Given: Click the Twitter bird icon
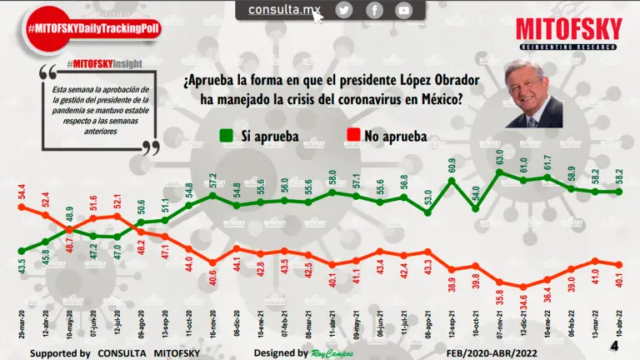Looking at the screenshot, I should point(344,10).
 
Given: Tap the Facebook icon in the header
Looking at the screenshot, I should point(374,10).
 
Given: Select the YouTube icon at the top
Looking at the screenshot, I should point(403,10).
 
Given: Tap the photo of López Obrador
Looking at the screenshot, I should point(534,93).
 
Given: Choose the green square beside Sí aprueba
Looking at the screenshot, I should point(226,135).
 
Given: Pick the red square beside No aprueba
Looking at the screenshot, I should point(352,135).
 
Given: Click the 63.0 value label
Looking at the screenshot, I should point(500,157).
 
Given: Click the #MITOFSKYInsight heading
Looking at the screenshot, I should point(103,63).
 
